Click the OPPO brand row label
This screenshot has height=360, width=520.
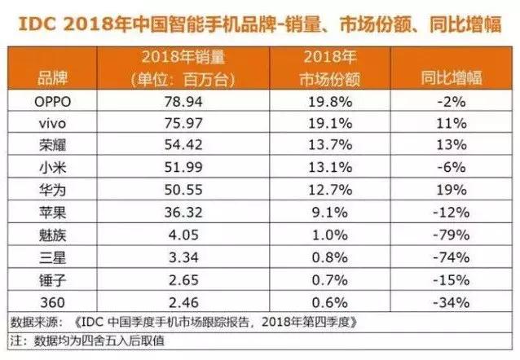tap(52, 103)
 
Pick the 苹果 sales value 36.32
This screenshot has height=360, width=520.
tap(183, 209)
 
